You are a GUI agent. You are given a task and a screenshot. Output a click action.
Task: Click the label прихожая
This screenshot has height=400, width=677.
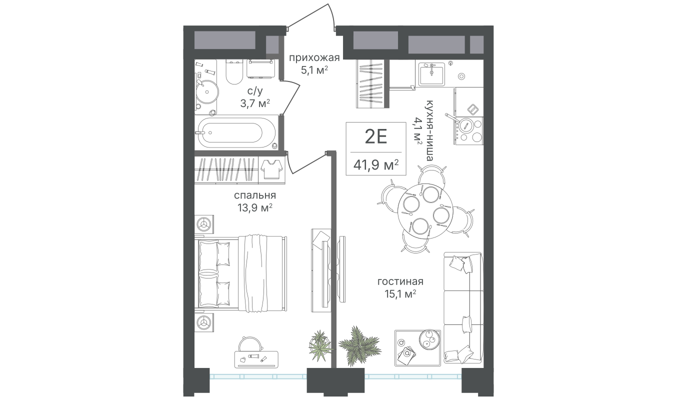(314, 57)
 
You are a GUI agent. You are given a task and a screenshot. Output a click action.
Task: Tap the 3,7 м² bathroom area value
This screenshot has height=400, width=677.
(254, 103)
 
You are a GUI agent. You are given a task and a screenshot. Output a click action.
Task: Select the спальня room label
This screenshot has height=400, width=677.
(254, 195)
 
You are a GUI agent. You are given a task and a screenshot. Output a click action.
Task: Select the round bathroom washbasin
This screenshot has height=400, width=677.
(206, 92)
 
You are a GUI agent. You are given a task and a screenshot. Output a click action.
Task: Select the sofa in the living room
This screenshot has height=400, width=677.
(462, 307)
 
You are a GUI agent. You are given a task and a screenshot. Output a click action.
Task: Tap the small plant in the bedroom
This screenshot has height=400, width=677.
(318, 345)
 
